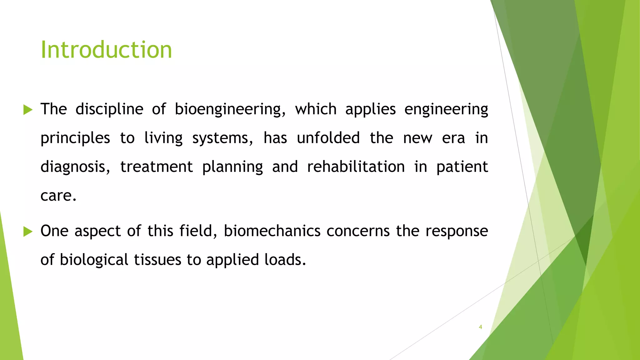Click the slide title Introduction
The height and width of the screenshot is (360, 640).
[106, 50]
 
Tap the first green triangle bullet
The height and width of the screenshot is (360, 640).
[28, 110]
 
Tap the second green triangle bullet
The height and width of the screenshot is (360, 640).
[28, 232]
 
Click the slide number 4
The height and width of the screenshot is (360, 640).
[480, 327]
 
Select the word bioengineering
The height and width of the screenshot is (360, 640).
[230, 110]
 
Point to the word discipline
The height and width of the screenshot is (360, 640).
[109, 110]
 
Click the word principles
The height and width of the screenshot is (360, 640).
[75, 138]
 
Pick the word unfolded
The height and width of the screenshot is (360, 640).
[328, 138]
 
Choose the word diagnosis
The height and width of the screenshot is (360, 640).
[75, 167]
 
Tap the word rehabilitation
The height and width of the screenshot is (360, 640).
[356, 167]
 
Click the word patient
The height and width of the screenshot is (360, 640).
[462, 167]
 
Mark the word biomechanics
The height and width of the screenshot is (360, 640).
[272, 231]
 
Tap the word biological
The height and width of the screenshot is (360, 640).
[94, 260]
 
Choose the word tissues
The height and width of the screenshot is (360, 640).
[157, 260]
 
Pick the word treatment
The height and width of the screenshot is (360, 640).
[156, 167]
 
